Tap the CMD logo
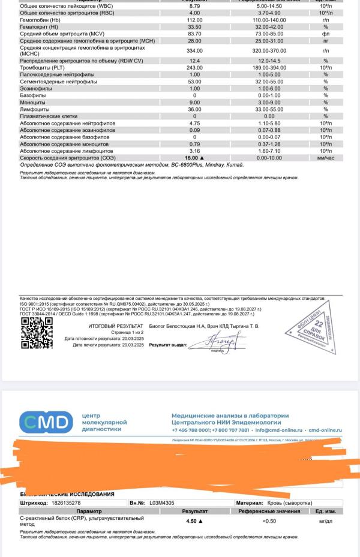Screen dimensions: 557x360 pos(46,423)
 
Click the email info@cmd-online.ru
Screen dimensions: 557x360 pos(280,430)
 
